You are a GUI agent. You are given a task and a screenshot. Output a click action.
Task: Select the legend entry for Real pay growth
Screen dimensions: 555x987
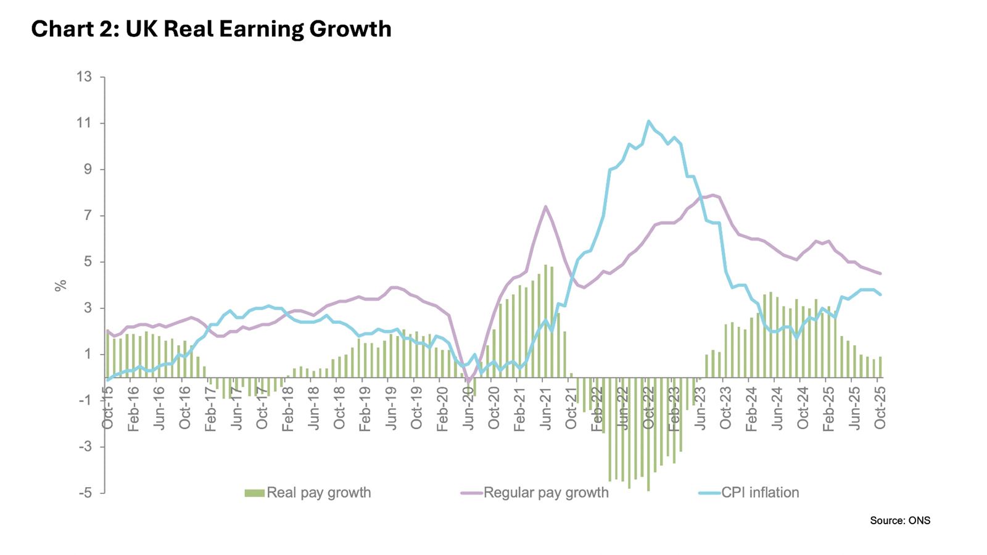(x=308, y=493)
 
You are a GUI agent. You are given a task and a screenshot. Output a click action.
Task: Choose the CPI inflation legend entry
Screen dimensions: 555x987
(x=749, y=493)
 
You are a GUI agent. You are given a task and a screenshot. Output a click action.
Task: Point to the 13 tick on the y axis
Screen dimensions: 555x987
(x=85, y=77)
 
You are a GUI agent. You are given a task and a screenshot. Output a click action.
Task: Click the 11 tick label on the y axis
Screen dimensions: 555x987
(x=85, y=123)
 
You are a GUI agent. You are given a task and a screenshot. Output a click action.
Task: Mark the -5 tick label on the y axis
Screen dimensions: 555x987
(x=85, y=493)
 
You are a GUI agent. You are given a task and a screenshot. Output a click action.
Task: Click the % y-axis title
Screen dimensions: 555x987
(x=60, y=286)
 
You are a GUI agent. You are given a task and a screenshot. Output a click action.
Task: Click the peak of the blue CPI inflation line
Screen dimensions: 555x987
(x=648, y=121)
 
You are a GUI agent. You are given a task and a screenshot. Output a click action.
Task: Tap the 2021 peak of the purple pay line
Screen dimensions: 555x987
(x=545, y=206)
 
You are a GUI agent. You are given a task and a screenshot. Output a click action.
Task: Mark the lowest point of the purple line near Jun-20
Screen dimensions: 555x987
(x=468, y=382)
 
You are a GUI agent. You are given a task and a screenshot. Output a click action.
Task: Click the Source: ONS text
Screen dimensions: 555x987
(x=899, y=520)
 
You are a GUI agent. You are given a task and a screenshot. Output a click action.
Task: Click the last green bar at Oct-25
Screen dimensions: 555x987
(x=880, y=367)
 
